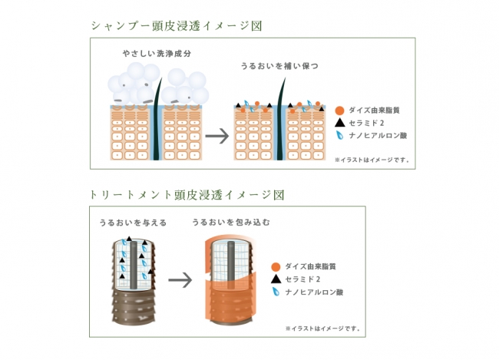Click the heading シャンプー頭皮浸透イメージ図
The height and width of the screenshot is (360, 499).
click(176, 26)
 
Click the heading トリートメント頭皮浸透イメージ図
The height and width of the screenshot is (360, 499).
click(187, 195)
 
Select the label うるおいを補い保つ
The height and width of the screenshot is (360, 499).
click(279, 67)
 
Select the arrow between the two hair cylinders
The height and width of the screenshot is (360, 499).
click(180, 279)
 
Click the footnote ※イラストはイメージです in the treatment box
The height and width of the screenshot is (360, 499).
click(321, 329)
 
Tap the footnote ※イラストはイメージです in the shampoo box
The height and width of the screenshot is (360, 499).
click(373, 160)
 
